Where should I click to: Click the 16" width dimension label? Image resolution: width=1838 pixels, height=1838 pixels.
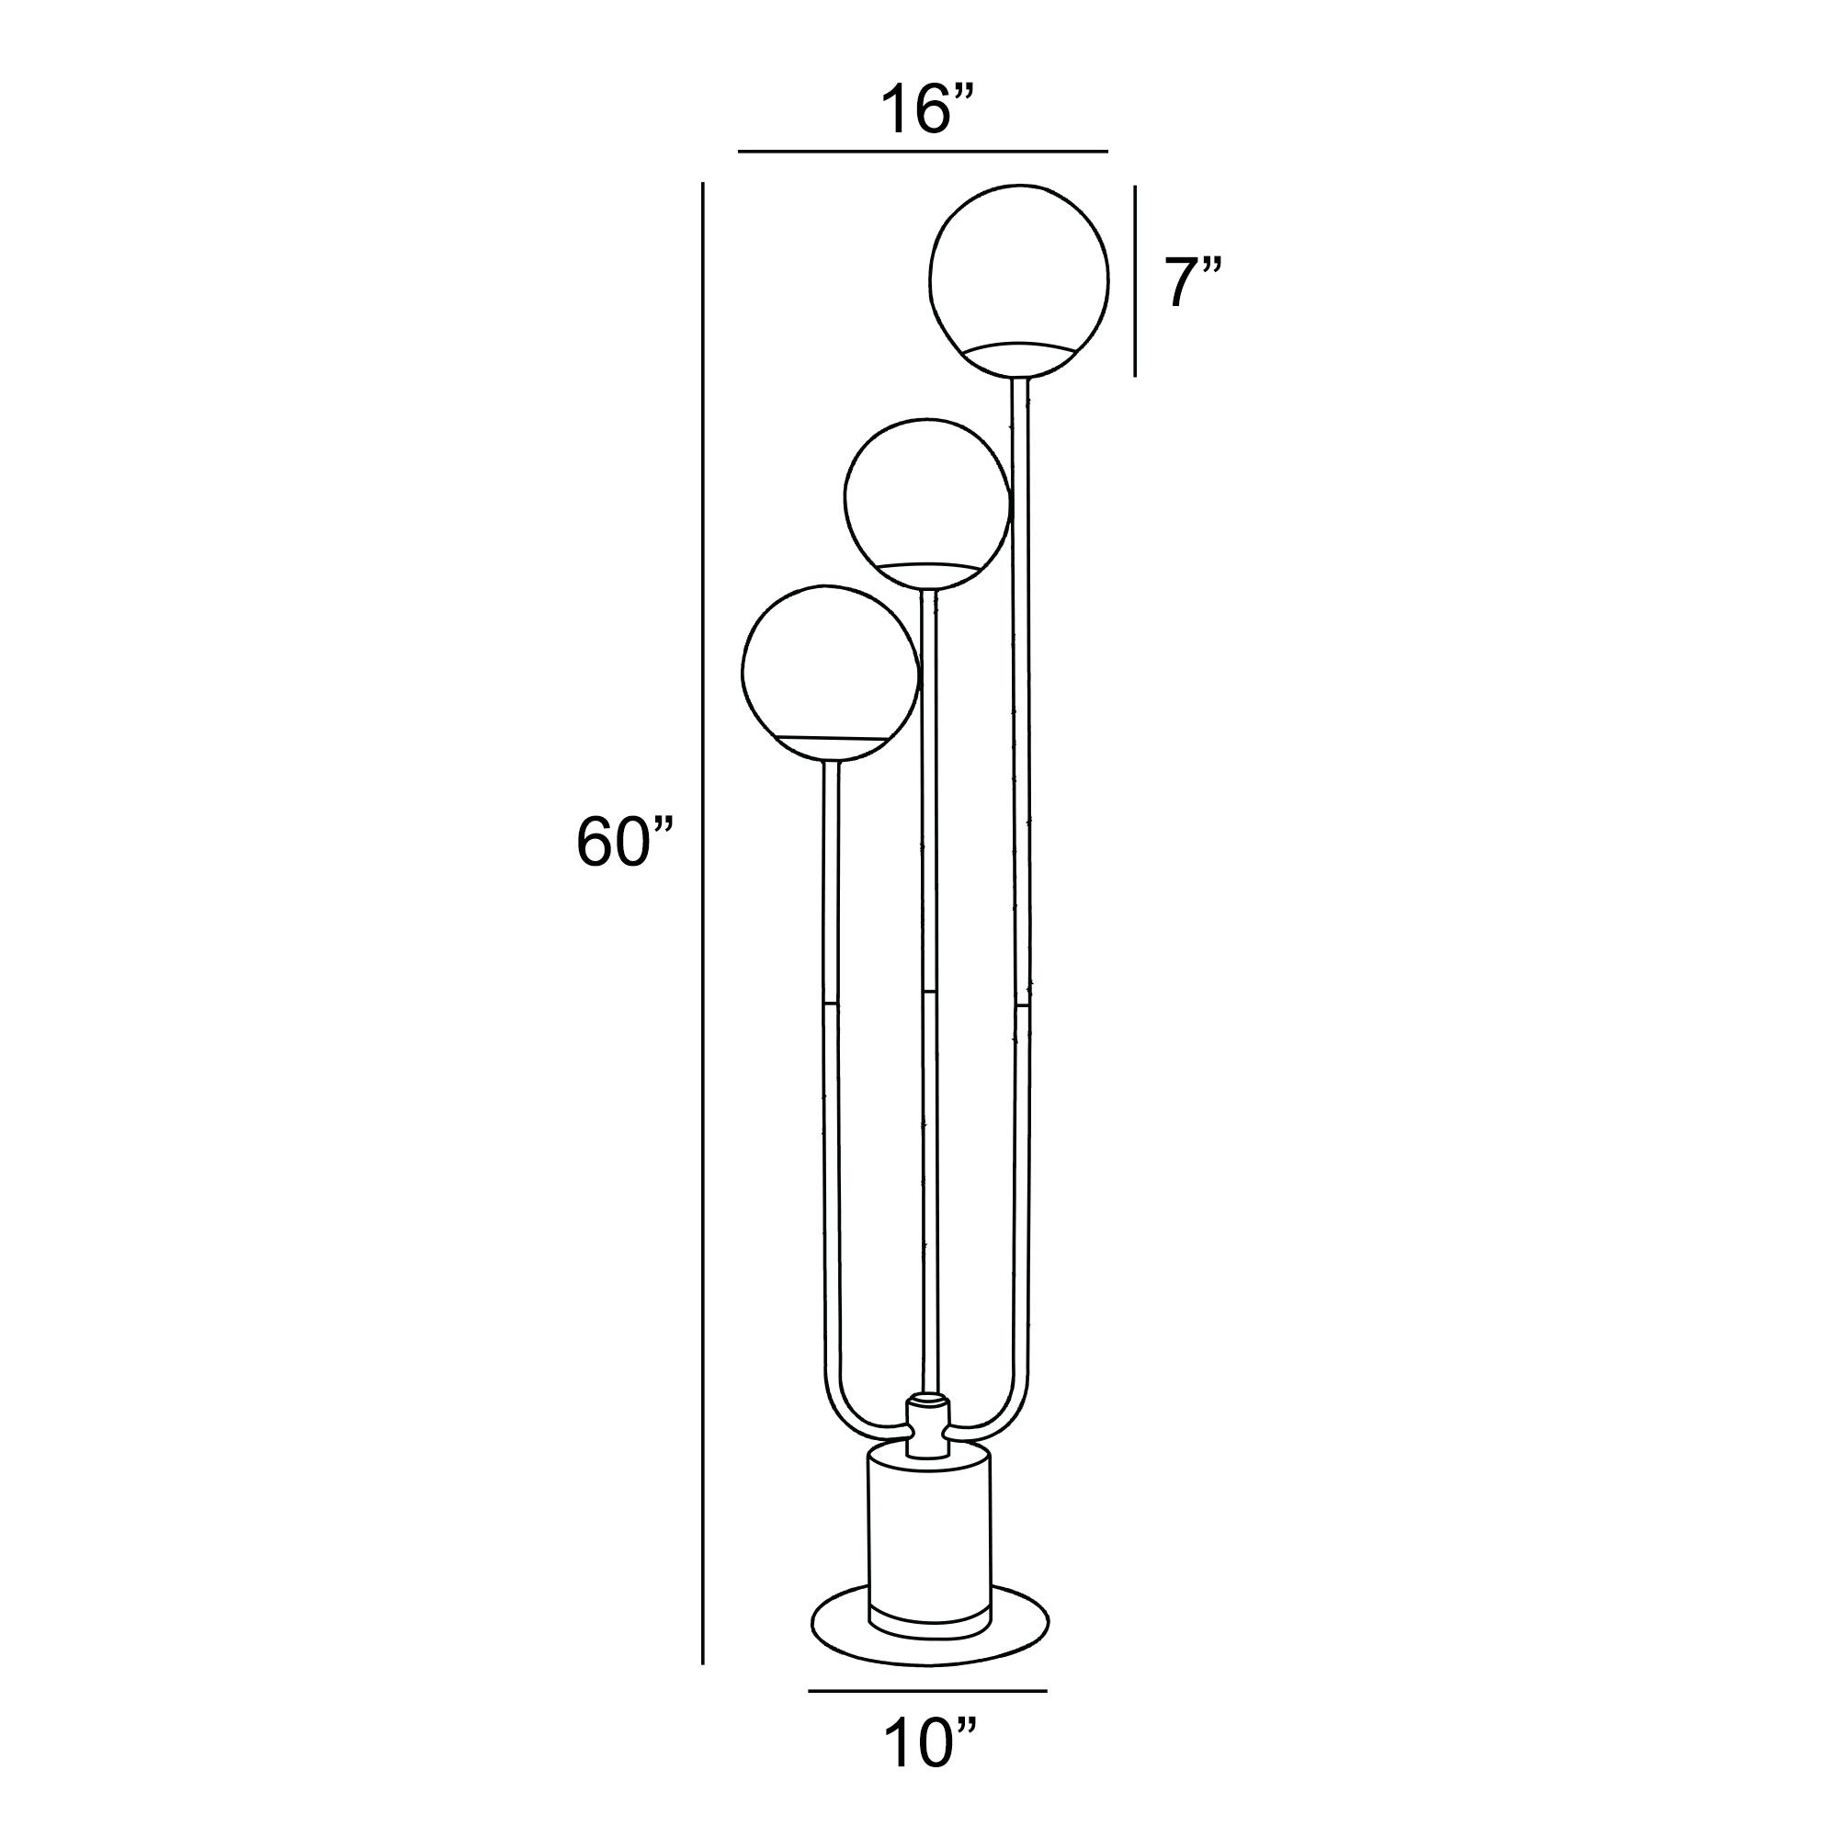tap(926, 110)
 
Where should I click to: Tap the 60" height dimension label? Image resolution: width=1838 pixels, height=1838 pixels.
tap(624, 842)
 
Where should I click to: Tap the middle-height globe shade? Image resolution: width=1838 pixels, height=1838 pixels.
tap(925, 494)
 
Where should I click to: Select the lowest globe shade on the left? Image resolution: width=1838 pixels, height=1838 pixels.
tap(829, 666)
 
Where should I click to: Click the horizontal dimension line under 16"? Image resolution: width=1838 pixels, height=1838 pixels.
tap(923, 152)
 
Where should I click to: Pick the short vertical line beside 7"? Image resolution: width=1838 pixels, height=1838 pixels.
tap(1135, 281)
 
